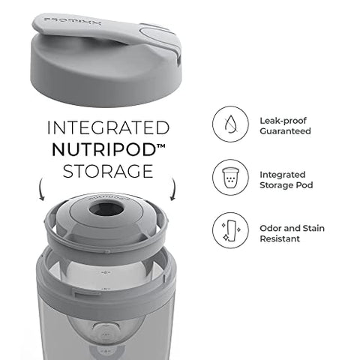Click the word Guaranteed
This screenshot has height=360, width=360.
pyautogui.click(x=285, y=131)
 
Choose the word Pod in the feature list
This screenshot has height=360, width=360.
pyautogui.click(x=308, y=185)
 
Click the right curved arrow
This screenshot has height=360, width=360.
pyautogui.click(x=174, y=190)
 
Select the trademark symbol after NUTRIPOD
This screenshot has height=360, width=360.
pyautogui.click(x=163, y=143)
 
